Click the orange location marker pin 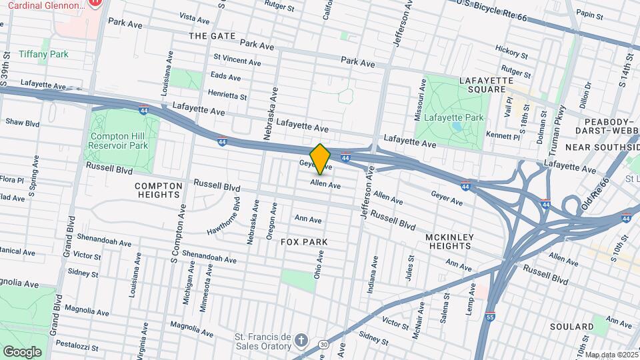(x=321, y=159)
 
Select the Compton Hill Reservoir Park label (x=119, y=140)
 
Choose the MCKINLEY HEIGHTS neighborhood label (x=449, y=242)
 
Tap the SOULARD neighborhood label (x=572, y=327)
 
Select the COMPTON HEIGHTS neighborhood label (x=158, y=190)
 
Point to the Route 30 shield (x=323, y=344)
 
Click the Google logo (x=22, y=351)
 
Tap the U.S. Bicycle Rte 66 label (x=492, y=11)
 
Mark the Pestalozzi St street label (x=77, y=347)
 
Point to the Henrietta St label (x=227, y=95)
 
